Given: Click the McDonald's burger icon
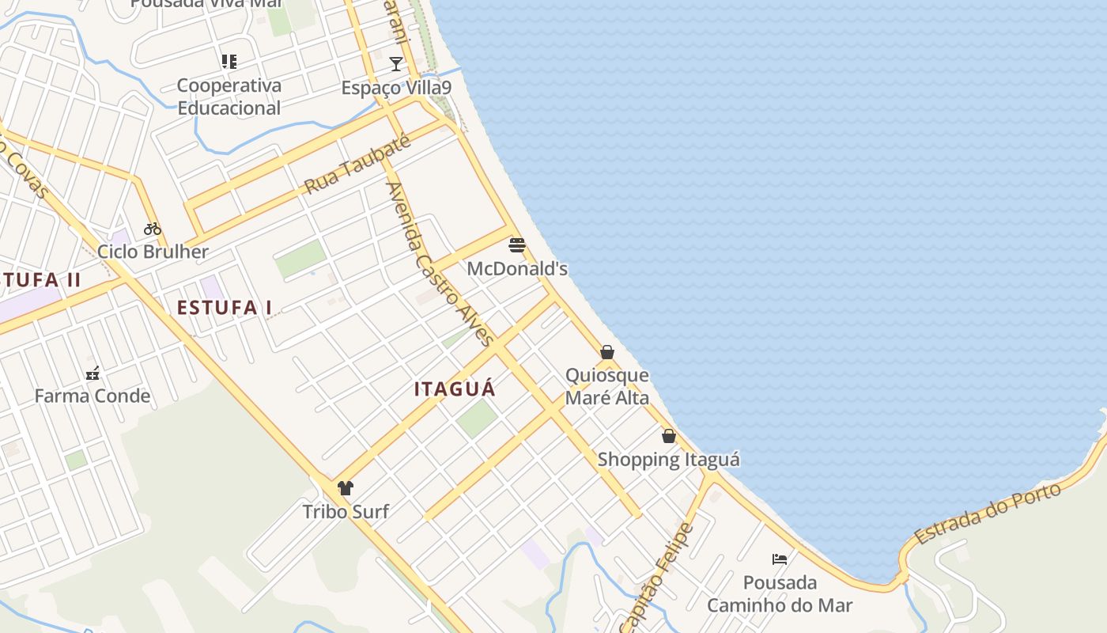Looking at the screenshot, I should (x=517, y=245).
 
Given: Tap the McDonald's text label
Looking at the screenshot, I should (x=517, y=269).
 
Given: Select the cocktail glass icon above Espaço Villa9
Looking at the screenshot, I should (x=396, y=64).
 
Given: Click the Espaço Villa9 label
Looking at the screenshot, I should (x=396, y=88).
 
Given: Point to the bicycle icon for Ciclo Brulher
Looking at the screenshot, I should (x=153, y=229).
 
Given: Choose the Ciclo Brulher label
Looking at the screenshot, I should (x=153, y=252).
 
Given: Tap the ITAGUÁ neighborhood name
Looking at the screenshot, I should (x=455, y=389).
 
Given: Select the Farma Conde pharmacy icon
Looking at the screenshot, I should (x=93, y=373).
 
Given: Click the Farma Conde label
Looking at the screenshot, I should (x=93, y=396).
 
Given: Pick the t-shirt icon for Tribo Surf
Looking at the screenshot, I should (x=346, y=488).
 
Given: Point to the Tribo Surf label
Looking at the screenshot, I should (x=346, y=512).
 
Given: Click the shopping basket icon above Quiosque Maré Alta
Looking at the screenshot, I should (x=607, y=352).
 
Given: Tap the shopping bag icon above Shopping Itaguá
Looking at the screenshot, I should (x=669, y=436).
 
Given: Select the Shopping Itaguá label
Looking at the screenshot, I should (x=669, y=460).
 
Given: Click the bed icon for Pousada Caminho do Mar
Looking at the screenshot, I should (x=780, y=559).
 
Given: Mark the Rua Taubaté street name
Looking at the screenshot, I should (x=358, y=164).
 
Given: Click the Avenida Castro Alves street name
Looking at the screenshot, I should (x=439, y=263).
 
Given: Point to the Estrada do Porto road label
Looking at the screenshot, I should (x=988, y=514).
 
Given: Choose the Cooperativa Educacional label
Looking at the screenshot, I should (x=229, y=97).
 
